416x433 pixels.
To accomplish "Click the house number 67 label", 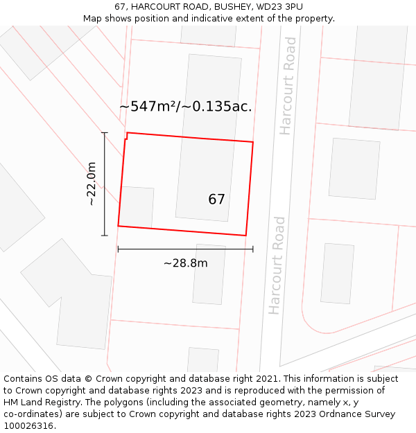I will (x=216, y=200).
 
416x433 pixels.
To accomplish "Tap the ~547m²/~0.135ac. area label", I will (x=185, y=107).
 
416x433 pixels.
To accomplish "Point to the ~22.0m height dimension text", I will (x=92, y=184).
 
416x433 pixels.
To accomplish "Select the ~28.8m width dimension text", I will (x=185, y=263).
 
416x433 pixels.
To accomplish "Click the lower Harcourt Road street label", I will (x=277, y=265).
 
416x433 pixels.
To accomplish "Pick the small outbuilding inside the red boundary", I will (x=137, y=206).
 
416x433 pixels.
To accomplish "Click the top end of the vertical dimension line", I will (x=105, y=132).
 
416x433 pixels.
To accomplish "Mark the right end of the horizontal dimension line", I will (x=253, y=249).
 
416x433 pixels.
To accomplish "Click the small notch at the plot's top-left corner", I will (x=125, y=136).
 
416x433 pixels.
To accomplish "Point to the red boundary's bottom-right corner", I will (x=246, y=236).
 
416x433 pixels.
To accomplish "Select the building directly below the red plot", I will (x=209, y=274).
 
